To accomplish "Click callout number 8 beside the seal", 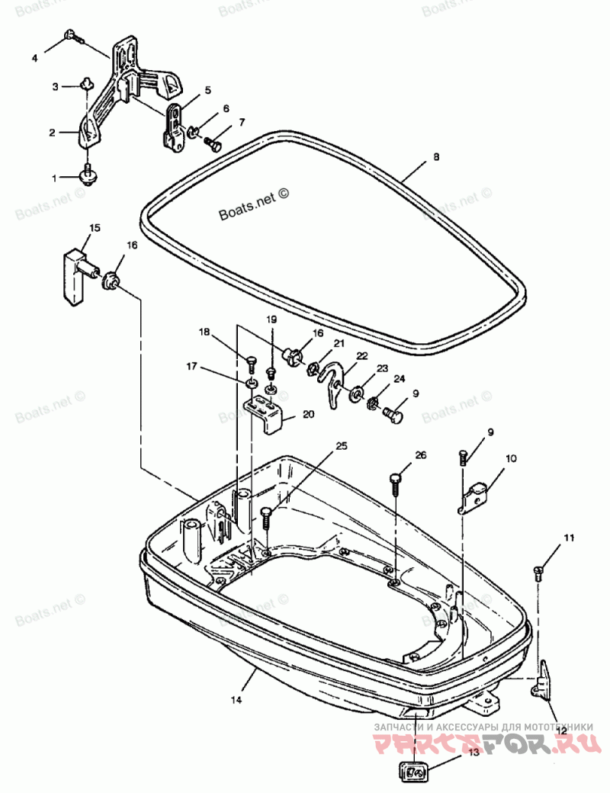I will pos(435,158).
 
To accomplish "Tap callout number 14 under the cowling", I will pos(236,699).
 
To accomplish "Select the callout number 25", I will pos(342,445).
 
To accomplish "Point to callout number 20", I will pos(308,415).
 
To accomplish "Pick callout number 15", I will pos(95,228).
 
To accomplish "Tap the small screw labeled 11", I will pos(540,571).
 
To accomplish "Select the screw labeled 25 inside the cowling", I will pos(266,518).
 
